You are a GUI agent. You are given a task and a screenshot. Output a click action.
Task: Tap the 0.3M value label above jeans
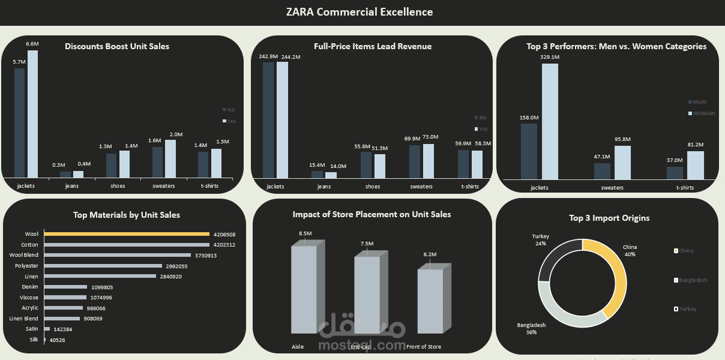[x=59, y=165]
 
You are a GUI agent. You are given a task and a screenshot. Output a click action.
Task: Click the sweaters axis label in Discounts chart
[x=164, y=186]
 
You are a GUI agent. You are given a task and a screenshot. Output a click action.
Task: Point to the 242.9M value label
[x=268, y=56]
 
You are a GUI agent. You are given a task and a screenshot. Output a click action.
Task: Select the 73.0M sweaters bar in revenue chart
[x=428, y=161]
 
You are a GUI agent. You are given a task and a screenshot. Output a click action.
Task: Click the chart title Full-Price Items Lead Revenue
[x=372, y=46]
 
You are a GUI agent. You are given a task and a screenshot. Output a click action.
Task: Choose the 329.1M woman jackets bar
[x=550, y=121]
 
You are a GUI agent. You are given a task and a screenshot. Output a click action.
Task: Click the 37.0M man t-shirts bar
[x=675, y=173]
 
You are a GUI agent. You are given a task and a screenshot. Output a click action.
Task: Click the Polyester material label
[x=28, y=266]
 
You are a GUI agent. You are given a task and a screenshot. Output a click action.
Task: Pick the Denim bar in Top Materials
[x=66, y=287]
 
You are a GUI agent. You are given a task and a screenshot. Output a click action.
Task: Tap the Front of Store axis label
[x=424, y=347]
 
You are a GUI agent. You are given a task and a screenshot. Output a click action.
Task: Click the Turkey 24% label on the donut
[x=541, y=240]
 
